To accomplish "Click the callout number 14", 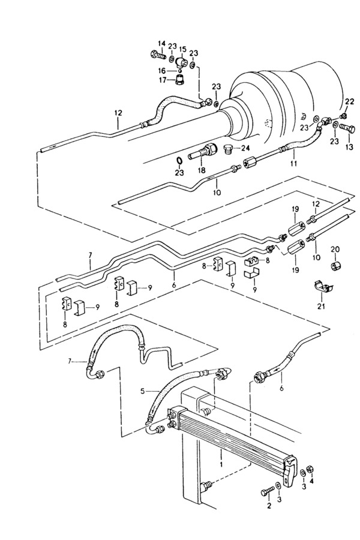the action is (161, 44).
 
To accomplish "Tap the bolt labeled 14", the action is (158, 54).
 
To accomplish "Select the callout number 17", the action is (162, 80).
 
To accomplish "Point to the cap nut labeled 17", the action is (179, 79).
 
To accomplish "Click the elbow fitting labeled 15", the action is (180, 62).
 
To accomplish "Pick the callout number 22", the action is (349, 101).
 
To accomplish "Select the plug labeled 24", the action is (228, 149).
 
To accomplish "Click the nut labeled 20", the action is (335, 266).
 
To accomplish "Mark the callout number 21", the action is (323, 306).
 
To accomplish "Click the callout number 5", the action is (143, 391).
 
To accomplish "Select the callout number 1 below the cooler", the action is (221, 464).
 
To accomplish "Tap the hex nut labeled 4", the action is (310, 469).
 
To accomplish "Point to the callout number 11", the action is (293, 164).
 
